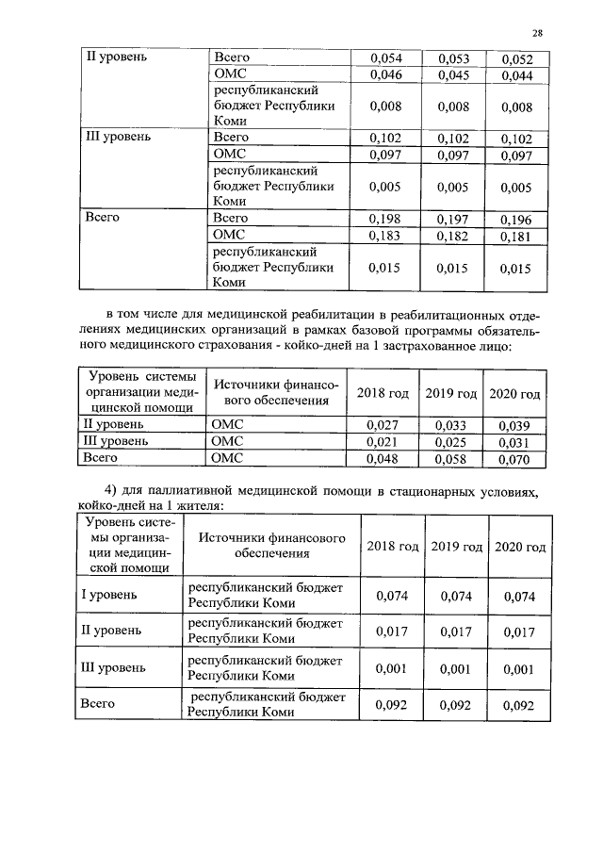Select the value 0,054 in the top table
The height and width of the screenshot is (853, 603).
click(384, 58)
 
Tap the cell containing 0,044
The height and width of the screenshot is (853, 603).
click(516, 74)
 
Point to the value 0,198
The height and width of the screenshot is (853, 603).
click(384, 219)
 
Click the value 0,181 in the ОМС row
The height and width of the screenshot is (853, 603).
click(516, 235)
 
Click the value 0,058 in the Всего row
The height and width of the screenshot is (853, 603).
click(449, 459)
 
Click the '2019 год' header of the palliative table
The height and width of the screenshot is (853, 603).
click(457, 547)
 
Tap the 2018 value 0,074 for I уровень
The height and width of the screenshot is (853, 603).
click(392, 596)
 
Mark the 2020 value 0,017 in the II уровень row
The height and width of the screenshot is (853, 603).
click(520, 632)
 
